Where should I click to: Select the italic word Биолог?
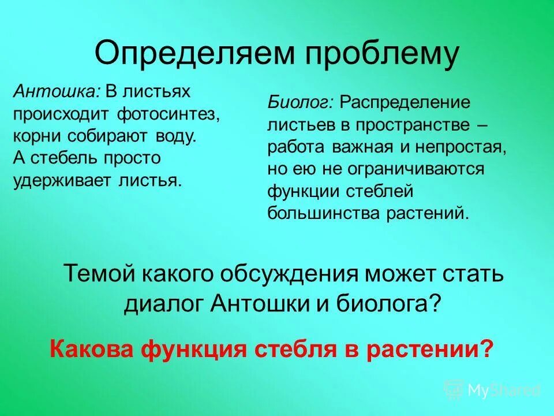[300, 103]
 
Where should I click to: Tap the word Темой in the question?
[96, 273]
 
